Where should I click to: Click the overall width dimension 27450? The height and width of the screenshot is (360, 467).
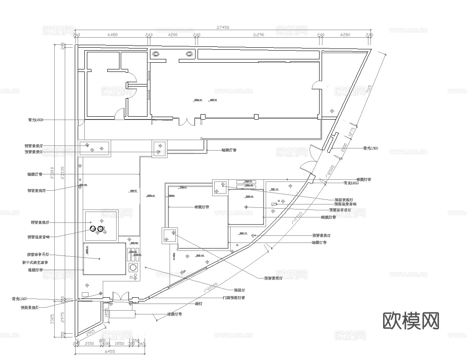click(223, 27)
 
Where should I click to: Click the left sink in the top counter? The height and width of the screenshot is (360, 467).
click(156, 54)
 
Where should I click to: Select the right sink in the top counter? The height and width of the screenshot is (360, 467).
click(189, 54)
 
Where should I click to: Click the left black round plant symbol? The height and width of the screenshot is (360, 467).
click(93, 229)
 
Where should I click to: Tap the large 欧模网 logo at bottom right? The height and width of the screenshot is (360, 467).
click(411, 321)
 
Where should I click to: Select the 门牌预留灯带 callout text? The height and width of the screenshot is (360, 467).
click(234, 298)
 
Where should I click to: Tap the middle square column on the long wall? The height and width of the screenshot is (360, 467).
click(256, 117)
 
